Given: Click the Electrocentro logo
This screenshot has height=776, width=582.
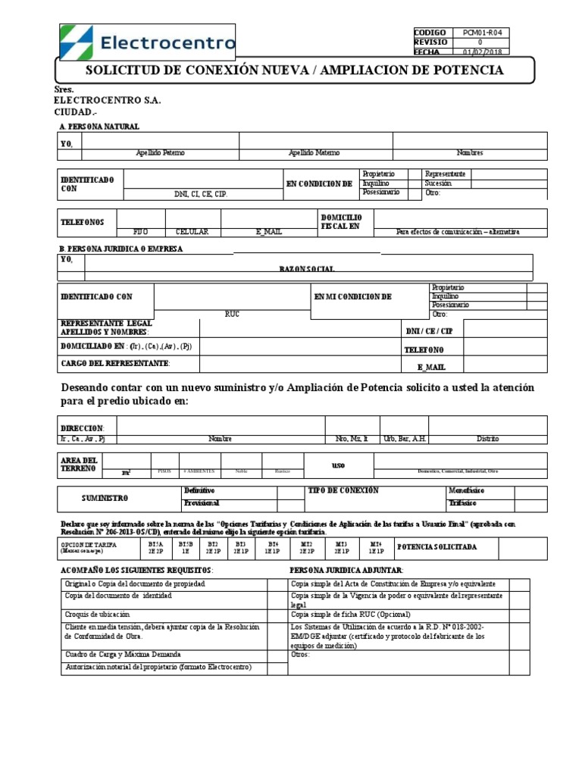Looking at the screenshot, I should click(x=148, y=42).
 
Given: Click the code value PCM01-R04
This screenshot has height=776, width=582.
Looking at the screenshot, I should click(x=482, y=33).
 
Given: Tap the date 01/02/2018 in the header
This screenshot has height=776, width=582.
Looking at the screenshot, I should click(x=482, y=52).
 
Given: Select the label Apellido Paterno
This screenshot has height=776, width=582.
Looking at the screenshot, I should click(x=160, y=153).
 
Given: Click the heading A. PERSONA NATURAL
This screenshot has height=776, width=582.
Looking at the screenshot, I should click(x=99, y=127).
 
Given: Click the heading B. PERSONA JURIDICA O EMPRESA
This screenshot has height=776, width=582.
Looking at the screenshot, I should click(x=120, y=249).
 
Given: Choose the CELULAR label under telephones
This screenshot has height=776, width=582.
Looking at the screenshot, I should click(x=192, y=232).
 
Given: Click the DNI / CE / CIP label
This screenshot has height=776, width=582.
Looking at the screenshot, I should click(x=430, y=331).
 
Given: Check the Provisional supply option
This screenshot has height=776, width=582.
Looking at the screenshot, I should click(x=202, y=503).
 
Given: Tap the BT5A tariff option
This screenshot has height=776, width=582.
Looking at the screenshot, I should click(x=157, y=543).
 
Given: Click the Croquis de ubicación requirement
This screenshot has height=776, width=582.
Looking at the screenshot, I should click(x=98, y=613).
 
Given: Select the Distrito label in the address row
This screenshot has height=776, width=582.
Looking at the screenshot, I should click(x=488, y=439).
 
